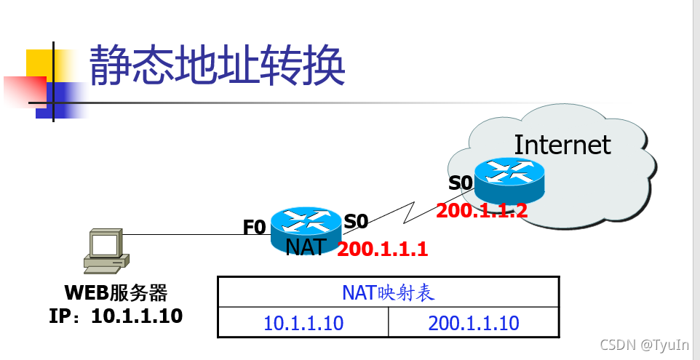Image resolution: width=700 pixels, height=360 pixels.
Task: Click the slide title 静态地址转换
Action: [216, 67]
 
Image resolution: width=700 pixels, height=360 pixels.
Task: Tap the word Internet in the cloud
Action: [562, 145]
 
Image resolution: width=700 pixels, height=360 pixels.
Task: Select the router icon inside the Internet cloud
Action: [509, 180]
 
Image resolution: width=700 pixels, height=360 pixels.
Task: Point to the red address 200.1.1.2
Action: [481, 211]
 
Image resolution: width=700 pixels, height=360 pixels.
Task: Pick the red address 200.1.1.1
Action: [382, 249]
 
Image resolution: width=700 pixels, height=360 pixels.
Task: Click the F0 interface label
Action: [254, 228]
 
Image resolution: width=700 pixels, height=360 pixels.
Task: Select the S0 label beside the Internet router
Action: [461, 183]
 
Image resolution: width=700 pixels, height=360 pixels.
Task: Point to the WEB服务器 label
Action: [116, 293]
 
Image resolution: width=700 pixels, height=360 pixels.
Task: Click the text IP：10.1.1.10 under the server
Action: [116, 316]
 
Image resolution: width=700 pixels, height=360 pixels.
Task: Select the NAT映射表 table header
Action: [388, 292]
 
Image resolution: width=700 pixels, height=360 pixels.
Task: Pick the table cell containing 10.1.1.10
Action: [303, 323]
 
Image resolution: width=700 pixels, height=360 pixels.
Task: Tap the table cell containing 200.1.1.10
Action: [474, 323]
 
